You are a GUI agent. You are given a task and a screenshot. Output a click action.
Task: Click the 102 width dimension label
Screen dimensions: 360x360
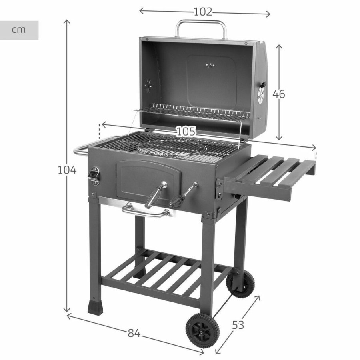point(203,12)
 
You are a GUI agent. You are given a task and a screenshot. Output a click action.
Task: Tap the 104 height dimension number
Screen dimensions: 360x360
point(67,170)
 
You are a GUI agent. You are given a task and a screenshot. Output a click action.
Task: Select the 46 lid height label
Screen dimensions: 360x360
point(279,94)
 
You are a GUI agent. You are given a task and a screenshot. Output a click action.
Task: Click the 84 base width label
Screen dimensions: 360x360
point(134,333)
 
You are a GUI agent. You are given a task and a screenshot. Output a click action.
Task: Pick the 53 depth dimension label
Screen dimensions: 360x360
point(238,325)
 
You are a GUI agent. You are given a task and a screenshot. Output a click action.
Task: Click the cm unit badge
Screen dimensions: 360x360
point(19,30)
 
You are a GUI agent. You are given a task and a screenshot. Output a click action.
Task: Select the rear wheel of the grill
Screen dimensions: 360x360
point(240,283)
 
